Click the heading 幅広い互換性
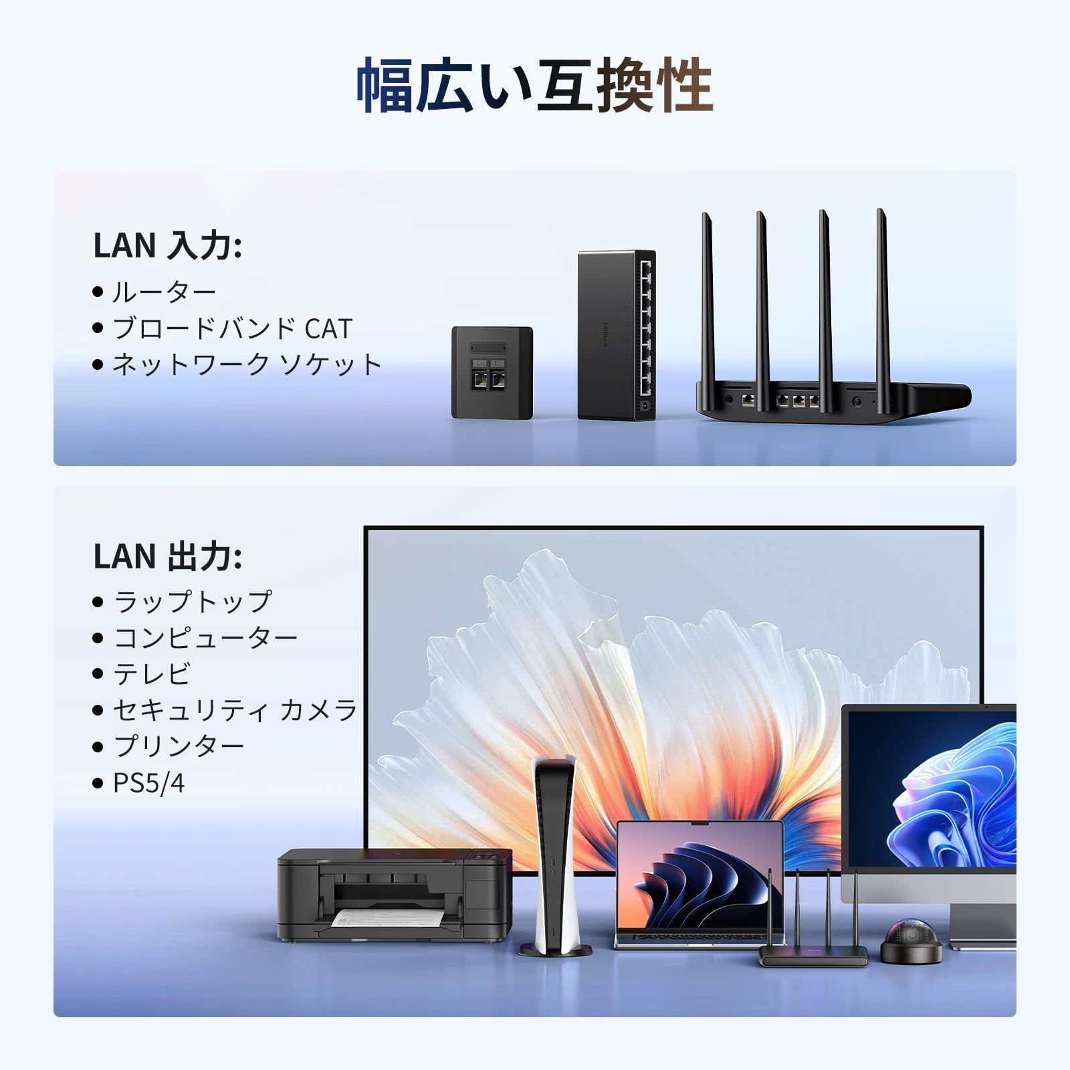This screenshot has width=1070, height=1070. (535, 85)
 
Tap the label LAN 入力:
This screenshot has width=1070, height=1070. (168, 245)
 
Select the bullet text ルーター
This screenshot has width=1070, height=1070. (165, 292)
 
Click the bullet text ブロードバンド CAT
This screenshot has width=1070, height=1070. (232, 328)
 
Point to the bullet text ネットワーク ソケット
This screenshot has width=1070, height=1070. (247, 364)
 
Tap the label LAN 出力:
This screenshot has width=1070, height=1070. (168, 556)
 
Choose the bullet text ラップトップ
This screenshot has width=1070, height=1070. (193, 601)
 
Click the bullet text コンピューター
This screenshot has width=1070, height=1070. (205, 637)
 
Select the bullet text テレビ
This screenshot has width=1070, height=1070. (152, 673)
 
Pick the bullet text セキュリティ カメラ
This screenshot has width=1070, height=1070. (235, 710)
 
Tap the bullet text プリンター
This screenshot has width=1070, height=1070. (179, 746)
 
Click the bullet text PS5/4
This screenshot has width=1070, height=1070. (148, 782)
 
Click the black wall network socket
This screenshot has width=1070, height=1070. (492, 372)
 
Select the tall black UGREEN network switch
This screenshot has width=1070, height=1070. (617, 335)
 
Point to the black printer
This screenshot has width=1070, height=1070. (395, 895)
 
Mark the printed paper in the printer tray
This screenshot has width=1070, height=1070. (388, 918)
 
